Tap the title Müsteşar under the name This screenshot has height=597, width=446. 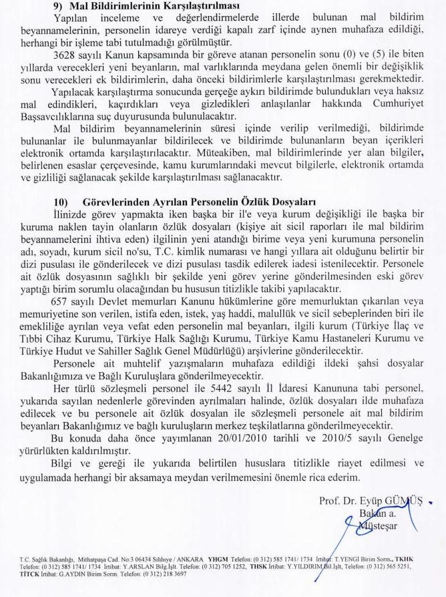(378, 525)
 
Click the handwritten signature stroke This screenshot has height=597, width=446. (347, 534)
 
